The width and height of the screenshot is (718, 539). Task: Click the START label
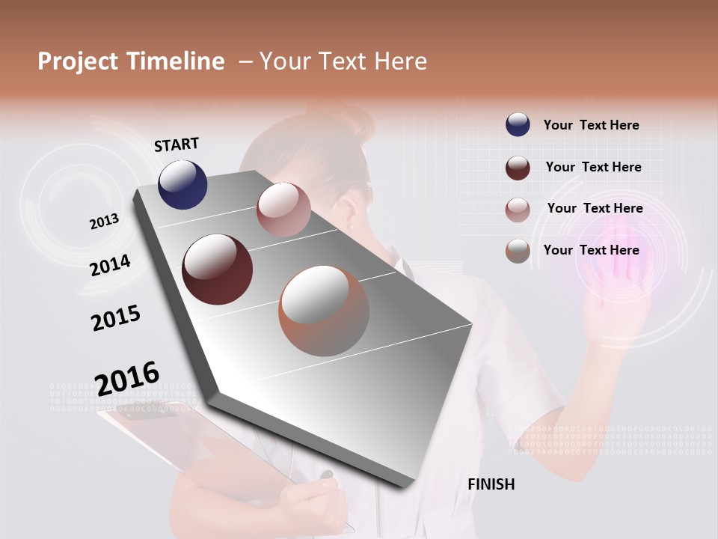[x=177, y=144]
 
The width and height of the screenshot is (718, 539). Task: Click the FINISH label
[x=491, y=484]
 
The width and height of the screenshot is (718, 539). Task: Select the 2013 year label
[x=104, y=222]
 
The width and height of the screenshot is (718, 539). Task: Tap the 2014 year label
[x=110, y=265]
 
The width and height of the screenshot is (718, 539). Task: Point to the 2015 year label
[x=115, y=318]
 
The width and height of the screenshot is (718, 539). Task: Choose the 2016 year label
[x=127, y=377]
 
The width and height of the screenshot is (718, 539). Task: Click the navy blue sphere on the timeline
[x=182, y=184]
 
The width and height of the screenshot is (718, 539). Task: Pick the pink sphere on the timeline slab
[x=283, y=210]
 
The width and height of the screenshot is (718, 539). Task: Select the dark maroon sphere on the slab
[x=217, y=269]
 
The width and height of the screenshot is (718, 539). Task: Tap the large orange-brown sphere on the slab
[x=324, y=310]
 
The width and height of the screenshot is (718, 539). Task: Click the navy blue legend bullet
[x=518, y=125]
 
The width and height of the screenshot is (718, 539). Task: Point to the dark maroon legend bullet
[x=518, y=168]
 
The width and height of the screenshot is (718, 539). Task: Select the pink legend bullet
[x=518, y=210]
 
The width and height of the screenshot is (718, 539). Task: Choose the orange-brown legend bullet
[x=518, y=251]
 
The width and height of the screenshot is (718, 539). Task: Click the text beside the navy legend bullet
[x=591, y=125]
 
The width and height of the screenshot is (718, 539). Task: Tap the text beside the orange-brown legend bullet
[x=591, y=250]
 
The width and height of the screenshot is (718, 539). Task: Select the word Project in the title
[x=77, y=61]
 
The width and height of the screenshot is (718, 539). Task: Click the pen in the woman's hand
[x=327, y=475]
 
